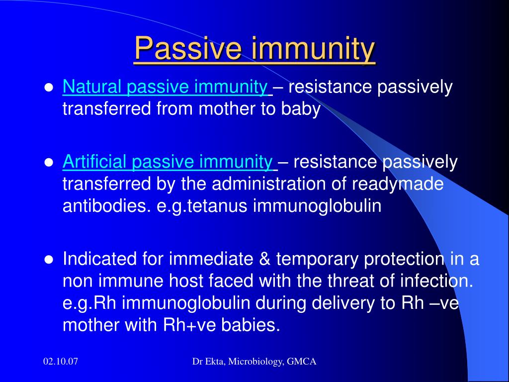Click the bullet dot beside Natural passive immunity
(x=49, y=88)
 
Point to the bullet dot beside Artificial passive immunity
(x=49, y=163)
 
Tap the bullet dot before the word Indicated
(x=49, y=260)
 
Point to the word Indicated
(x=99, y=259)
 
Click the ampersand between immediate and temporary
(x=264, y=259)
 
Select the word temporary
(x=317, y=260)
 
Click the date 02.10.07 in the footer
(x=61, y=362)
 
